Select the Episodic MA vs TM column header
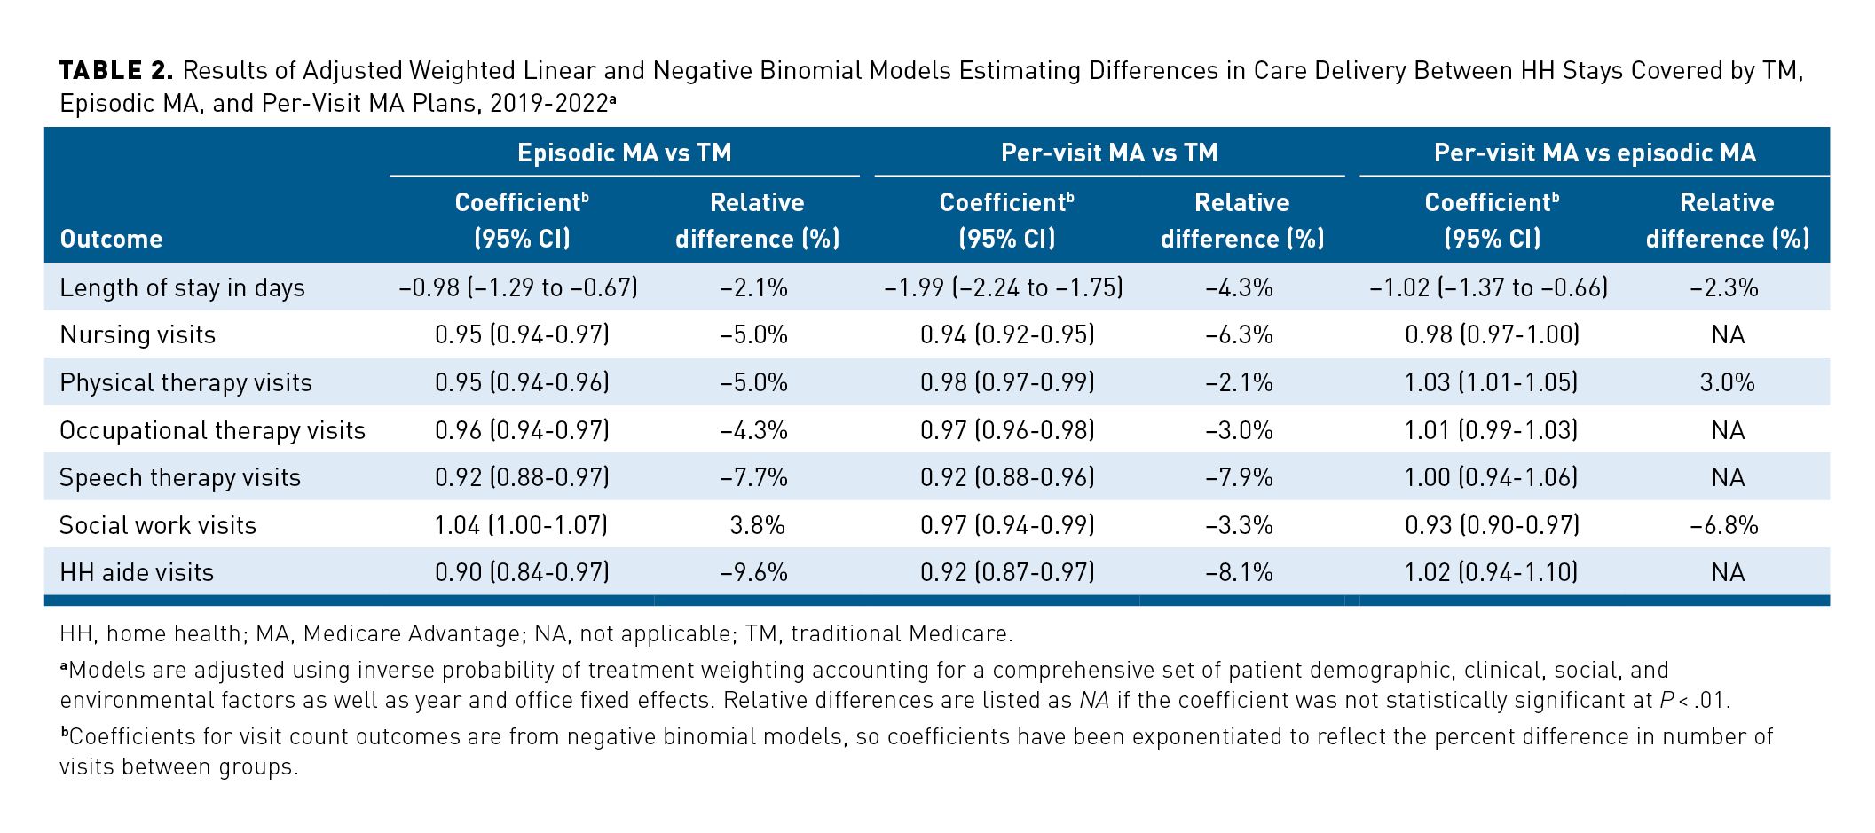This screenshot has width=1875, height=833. click(624, 153)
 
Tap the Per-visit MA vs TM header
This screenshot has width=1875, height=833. click(1109, 153)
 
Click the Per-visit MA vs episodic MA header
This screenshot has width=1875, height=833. click(1595, 153)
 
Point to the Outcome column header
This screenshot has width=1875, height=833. click(111, 239)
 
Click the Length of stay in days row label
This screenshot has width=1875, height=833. click(182, 287)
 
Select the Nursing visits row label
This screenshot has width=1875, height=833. click(138, 334)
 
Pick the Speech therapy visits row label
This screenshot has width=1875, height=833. click(180, 477)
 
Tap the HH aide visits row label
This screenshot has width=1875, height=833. click(137, 572)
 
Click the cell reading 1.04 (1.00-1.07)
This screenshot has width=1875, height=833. click(521, 525)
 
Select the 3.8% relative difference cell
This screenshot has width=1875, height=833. click(757, 525)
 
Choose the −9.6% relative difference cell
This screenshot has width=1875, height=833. click(753, 572)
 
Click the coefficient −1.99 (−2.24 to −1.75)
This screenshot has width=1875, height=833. click(1004, 287)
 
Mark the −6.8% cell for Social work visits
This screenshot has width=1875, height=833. click(1724, 525)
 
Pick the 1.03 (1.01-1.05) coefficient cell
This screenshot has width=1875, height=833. click(1491, 382)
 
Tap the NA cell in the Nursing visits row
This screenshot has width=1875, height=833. click(1727, 334)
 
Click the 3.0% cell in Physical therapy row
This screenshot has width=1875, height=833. click(1727, 382)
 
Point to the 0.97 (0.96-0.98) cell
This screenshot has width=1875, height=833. click(1007, 430)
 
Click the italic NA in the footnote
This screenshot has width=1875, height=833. click(1094, 701)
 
